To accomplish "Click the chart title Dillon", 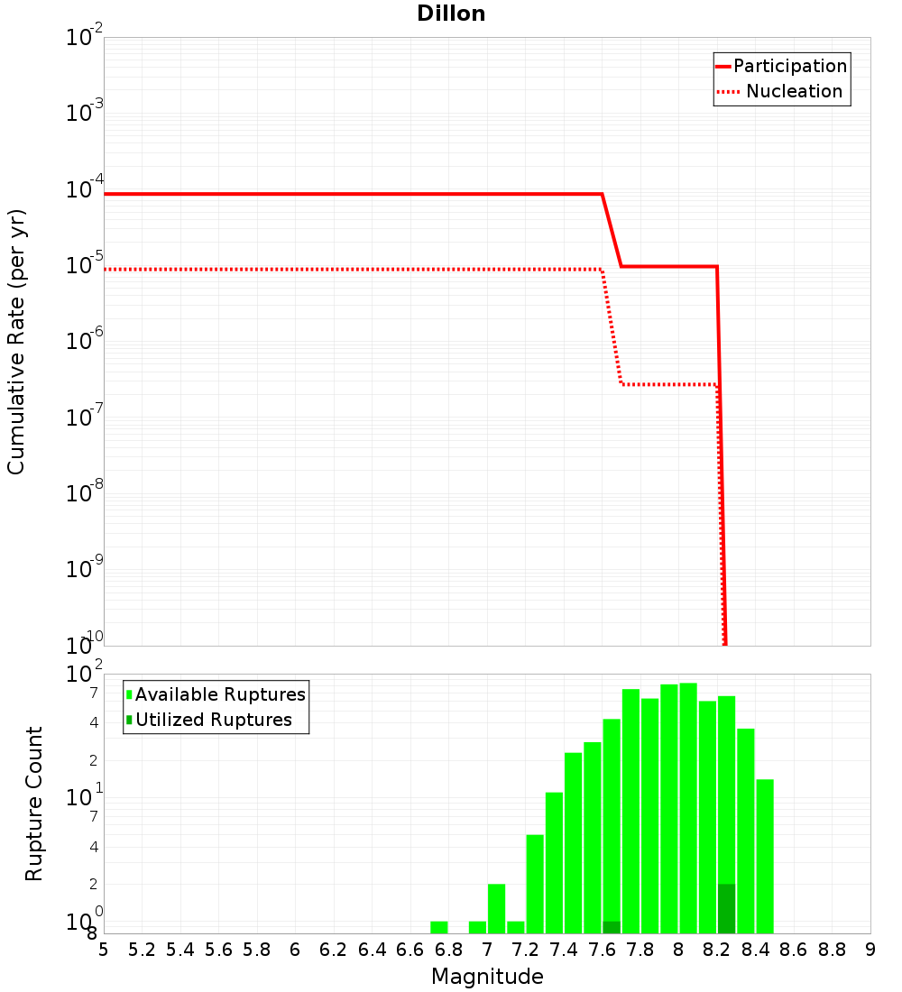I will (x=451, y=14).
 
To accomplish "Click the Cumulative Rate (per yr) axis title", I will (x=16, y=342).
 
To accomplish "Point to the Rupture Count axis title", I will (x=34, y=804).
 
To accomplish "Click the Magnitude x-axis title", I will (x=487, y=977).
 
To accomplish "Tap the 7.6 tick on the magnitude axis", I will (x=603, y=950).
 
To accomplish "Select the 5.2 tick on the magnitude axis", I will (x=143, y=950).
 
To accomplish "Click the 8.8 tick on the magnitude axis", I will (x=833, y=950).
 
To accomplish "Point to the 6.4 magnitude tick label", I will (x=373, y=950).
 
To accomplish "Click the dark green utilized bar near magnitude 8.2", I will (x=726, y=909).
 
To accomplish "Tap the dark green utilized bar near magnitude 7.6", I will (x=612, y=928).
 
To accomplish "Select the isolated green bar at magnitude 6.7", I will (x=439, y=927).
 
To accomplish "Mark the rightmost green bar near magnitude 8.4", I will (x=765, y=856).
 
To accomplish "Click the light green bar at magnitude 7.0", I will (x=496, y=908).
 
